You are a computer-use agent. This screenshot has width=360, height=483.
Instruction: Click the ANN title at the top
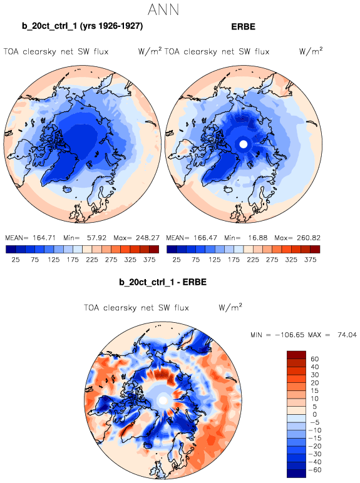pos(163,9)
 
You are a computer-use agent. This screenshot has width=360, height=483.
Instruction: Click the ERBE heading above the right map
pos(243,27)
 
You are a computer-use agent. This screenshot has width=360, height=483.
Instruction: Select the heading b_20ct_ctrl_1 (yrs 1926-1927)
pos(82,26)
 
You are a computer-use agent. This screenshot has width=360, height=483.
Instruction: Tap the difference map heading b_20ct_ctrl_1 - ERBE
pos(163,282)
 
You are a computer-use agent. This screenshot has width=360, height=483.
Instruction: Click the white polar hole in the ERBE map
pos(244,144)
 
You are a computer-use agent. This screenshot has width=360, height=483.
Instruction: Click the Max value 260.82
pos(309,238)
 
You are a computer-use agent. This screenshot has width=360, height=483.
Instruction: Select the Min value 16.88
pos(258,238)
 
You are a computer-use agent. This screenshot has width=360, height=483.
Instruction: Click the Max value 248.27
pos(148,238)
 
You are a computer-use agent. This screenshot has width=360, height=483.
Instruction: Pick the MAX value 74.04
pos(347,335)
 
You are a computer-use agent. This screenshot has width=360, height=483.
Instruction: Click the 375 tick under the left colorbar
pos(149,260)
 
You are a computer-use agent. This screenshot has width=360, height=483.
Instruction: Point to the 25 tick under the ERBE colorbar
pos(177,260)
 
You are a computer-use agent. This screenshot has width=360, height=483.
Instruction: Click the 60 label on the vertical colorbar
pos(315,359)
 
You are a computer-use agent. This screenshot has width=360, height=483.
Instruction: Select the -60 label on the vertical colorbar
pos(315,470)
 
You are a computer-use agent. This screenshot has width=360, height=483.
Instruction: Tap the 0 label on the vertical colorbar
pos(315,414)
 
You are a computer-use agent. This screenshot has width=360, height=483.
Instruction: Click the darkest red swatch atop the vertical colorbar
pos(296,355)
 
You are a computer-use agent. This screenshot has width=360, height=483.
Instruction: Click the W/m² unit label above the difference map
pos(230,307)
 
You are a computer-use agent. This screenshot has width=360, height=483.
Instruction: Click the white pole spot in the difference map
pos(163,400)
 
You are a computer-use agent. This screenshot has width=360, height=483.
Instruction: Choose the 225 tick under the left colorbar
pos(92,260)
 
